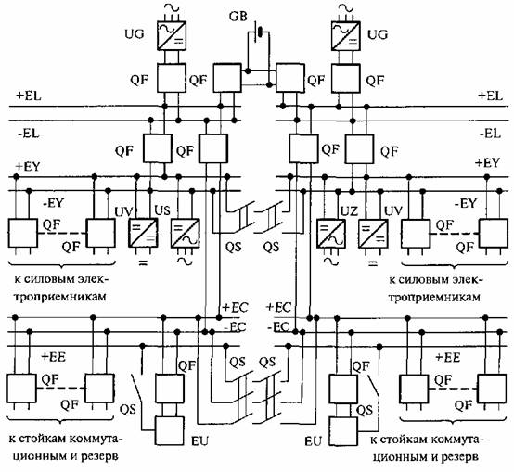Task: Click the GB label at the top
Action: pos(238,17)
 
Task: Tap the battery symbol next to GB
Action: pos(259,32)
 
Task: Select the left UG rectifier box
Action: pos(172,36)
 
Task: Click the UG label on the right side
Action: pos(378,34)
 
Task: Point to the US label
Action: pos(162,210)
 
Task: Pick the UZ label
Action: pos(349,211)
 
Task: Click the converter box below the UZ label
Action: pos(331,234)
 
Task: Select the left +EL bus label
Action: pos(29,96)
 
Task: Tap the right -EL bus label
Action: pos(490,134)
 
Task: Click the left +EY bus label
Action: pos(28,166)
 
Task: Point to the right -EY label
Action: pos(465,203)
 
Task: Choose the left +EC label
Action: pos(235,307)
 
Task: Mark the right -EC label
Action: pos(278,327)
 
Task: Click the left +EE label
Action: pos(54,357)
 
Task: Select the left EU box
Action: pos(169,430)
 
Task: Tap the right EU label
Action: pos(313,441)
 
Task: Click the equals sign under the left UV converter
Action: pos(143,262)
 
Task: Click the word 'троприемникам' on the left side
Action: pos(61,298)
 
